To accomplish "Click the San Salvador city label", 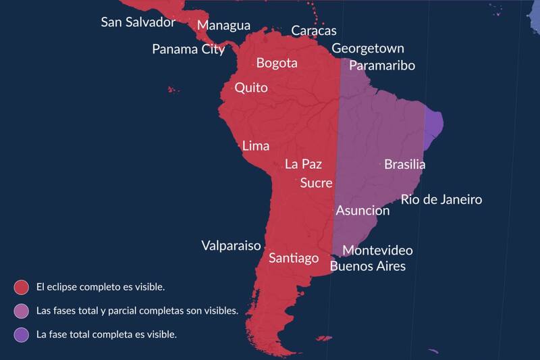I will [138, 22].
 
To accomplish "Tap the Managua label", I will [223, 26].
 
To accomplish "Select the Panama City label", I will [188, 49].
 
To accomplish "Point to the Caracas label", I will [313, 31].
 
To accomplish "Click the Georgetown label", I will [368, 49].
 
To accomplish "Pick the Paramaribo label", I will [381, 66].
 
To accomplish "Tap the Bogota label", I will [277, 63].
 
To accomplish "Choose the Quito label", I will [251, 88].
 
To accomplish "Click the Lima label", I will [255, 146].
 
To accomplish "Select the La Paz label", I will [303, 164].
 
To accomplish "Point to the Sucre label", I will [316, 183].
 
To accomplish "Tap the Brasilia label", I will [404, 164].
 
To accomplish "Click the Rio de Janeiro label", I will [441, 199].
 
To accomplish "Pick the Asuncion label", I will [362, 211].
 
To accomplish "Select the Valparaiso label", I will [231, 246].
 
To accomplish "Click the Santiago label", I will [294, 258].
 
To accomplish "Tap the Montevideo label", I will [377, 251].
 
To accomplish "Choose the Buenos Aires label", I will [367, 266].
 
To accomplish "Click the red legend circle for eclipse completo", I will [21, 287].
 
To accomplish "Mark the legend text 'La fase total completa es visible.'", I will [107, 334].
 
